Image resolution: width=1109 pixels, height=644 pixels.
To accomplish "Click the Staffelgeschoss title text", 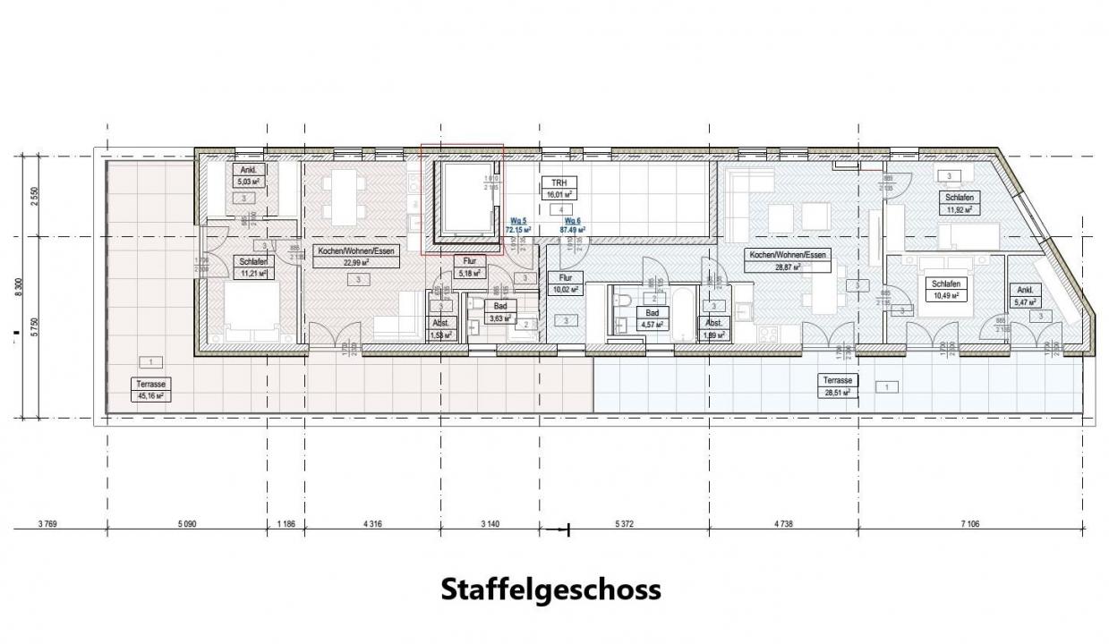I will (550, 589).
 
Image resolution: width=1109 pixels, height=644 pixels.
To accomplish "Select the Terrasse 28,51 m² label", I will (838, 385).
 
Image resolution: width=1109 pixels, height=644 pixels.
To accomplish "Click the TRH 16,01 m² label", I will (559, 186).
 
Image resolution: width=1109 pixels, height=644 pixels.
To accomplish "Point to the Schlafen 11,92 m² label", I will (957, 203).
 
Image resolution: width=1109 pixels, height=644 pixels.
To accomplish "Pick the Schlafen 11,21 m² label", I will (252, 267).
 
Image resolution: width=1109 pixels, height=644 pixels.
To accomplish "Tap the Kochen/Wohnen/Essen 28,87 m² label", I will (787, 260).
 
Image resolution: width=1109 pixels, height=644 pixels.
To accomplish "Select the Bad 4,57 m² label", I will (652, 318).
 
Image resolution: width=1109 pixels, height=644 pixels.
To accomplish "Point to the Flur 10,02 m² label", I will (566, 284).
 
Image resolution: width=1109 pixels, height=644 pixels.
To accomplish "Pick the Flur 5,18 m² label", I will (470, 268).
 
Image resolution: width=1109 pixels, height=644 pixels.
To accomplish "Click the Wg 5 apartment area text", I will (517, 225).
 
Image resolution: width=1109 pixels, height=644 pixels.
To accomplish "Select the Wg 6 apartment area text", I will (571, 225).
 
